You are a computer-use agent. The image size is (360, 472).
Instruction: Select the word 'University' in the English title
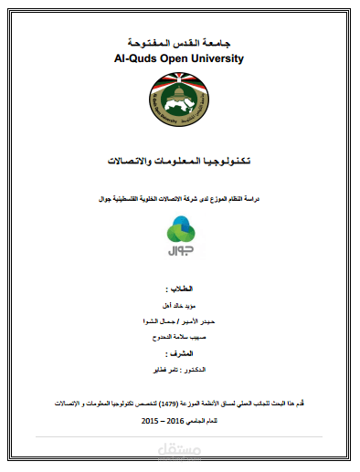[218, 58]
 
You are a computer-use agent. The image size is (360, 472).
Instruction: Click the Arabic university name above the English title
[180, 42]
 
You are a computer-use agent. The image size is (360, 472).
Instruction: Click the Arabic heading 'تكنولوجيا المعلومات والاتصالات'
[179, 161]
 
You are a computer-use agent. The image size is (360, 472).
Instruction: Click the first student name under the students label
[180, 308]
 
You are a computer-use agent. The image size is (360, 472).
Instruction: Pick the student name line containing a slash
[180, 322]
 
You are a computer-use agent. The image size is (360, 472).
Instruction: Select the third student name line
[180, 337]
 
